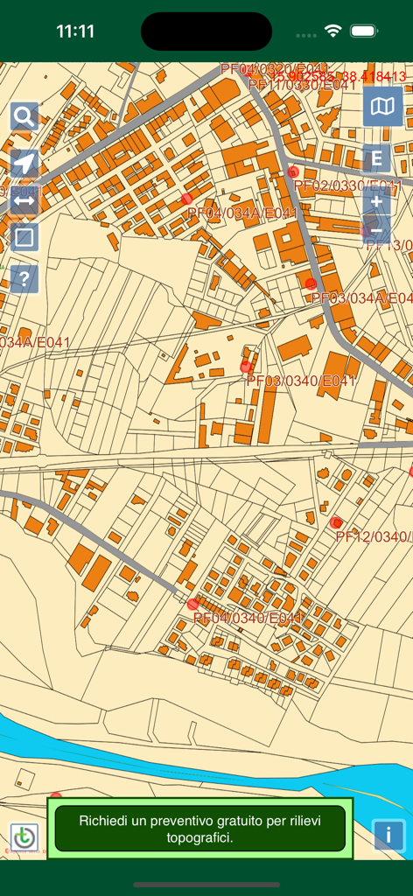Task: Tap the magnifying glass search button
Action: pyautogui.click(x=24, y=116)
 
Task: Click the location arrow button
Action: pyautogui.click(x=24, y=164)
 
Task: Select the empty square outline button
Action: pyautogui.click(x=24, y=237)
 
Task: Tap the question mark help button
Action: pyautogui.click(x=24, y=279)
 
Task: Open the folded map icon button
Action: pyautogui.click(x=382, y=107)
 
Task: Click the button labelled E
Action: pyautogui.click(x=376, y=158)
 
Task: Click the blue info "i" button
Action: pyautogui.click(x=388, y=834)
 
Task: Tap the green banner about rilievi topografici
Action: pyautogui.click(x=199, y=829)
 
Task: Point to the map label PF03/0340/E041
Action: pyautogui.click(x=301, y=381)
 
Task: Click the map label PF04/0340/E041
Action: pyautogui.click(x=248, y=619)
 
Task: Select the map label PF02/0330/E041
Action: pyautogui.click(x=347, y=186)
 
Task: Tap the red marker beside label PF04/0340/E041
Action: pyautogui.click(x=192, y=604)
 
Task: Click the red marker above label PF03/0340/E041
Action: pyautogui.click(x=246, y=367)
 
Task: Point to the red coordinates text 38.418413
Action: pyautogui.click(x=373, y=77)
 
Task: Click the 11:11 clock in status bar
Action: pyautogui.click(x=75, y=31)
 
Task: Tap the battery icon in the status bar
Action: pyautogui.click(x=363, y=31)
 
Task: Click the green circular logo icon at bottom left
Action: pyautogui.click(x=24, y=837)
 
